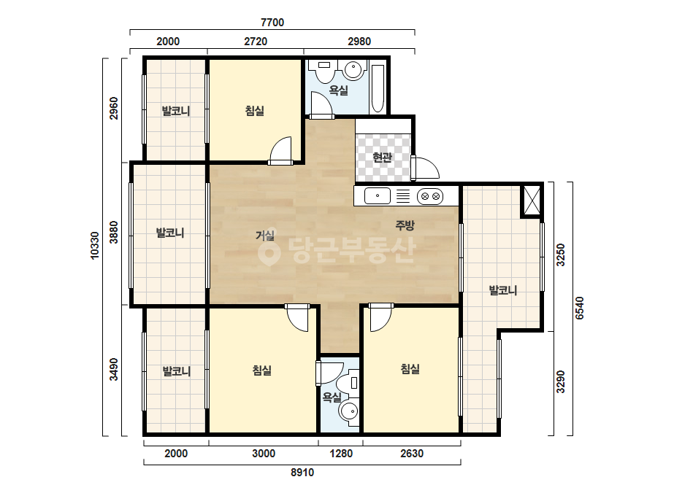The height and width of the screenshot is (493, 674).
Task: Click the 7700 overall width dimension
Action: [272, 23]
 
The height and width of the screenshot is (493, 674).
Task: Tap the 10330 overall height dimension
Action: [95, 245]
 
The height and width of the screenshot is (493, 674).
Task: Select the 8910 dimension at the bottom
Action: [302, 473]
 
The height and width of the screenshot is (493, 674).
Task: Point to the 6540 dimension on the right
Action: [579, 308]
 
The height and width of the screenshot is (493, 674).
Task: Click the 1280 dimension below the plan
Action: [341, 454]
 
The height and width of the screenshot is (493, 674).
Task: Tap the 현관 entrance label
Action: [382, 158]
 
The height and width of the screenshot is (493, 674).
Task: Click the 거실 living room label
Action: [265, 236]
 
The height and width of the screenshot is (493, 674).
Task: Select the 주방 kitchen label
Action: [405, 225]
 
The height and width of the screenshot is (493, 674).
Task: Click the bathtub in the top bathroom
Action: [377, 88]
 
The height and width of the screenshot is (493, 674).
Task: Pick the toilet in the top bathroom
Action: [324, 71]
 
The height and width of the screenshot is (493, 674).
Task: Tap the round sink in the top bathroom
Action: [353, 69]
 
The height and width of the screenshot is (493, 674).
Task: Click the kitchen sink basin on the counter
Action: [378, 196]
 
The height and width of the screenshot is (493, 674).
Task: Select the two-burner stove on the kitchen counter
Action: [430, 196]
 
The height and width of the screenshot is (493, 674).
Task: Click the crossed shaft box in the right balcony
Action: [532, 200]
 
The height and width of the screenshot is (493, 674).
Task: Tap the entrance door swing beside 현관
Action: [425, 168]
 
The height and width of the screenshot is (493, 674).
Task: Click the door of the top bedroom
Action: [280, 151]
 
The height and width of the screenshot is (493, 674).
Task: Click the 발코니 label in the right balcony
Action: [503, 291]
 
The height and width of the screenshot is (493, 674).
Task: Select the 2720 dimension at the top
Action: [256, 42]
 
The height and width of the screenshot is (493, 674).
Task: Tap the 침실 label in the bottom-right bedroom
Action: [410, 369]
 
